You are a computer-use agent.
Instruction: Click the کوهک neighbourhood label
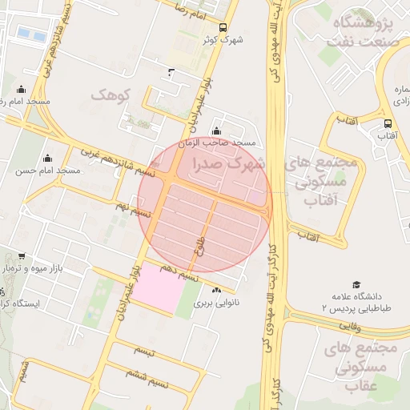pos(110,95)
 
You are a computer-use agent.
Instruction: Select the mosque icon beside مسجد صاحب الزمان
pos(215,131)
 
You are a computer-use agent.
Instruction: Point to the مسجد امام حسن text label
pos(46,171)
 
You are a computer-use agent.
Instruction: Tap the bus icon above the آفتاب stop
pos(388,123)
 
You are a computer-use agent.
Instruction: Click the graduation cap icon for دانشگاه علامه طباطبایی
pos(356,284)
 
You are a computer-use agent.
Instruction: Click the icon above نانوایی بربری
pos(217,290)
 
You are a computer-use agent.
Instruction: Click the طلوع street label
pos(199,247)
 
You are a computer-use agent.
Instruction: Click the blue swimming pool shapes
pos(30,35)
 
